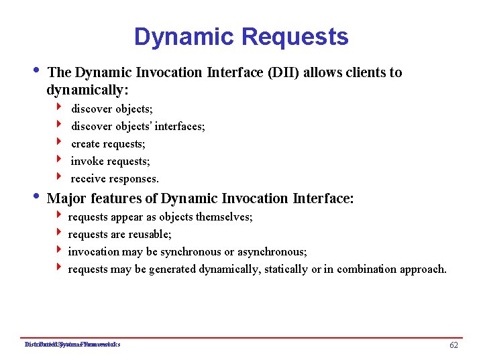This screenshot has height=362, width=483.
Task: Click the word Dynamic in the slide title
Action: tap(176, 37)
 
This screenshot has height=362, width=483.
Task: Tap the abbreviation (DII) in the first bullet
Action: tap(284, 72)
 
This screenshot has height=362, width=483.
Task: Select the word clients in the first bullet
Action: tap(366, 72)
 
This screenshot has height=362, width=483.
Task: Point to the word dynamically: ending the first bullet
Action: tap(88, 90)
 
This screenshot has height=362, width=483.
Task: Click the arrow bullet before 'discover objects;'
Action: tap(59, 107)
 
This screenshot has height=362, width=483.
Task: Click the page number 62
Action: tap(453, 345)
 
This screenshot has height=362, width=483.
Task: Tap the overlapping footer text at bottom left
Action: tap(72, 345)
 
